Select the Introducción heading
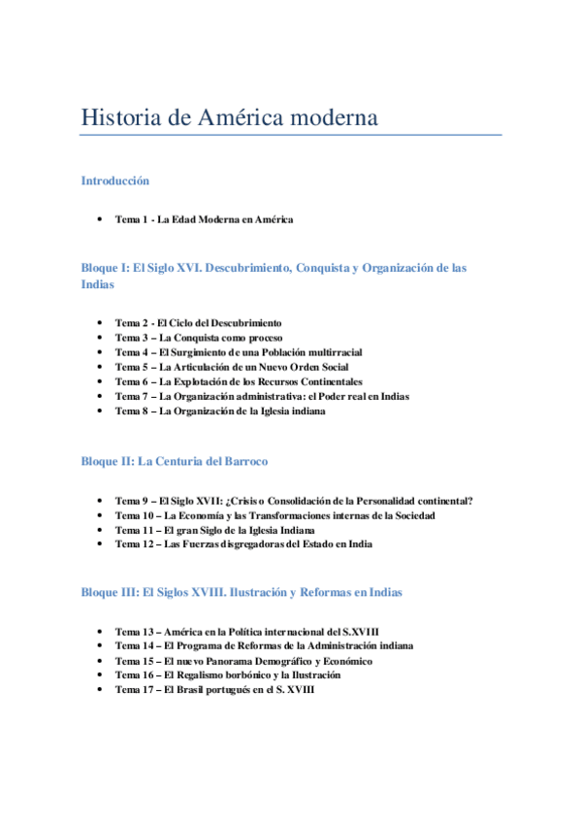coord(115,181)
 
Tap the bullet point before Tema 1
coord(101,219)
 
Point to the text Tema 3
coord(131,337)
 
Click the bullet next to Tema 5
coord(101,367)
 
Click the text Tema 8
coord(131,411)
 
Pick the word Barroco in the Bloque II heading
coord(243,461)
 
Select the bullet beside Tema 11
coord(101,530)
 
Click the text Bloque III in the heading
coord(110,591)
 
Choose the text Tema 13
coord(134,631)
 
